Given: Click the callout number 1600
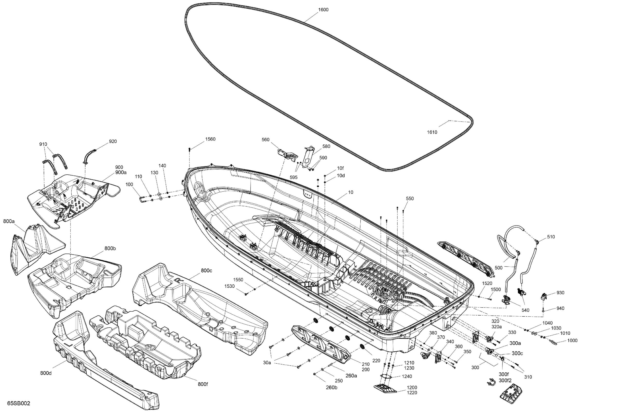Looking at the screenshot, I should point(323,10).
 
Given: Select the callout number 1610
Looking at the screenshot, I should point(432,132).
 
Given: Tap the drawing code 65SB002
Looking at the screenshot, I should point(18,403).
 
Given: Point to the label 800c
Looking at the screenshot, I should point(206,271).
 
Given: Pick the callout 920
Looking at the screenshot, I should point(113,141).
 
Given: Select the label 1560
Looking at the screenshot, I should point(210,139).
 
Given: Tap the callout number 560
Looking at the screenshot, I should point(265,140).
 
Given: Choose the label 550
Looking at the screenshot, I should point(410,198).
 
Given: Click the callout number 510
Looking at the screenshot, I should point(551,237).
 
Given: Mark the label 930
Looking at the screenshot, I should point(560,293).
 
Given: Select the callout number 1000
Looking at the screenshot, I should point(572,340).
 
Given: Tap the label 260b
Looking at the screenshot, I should point(332,387).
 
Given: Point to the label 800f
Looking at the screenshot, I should point(203,384).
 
